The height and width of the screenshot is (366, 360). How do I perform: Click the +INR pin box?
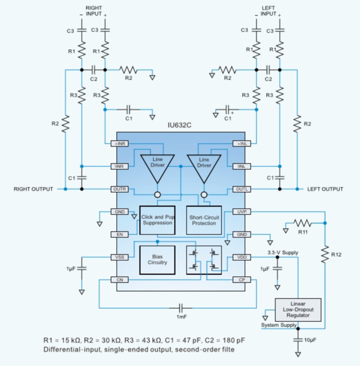pos(121,144)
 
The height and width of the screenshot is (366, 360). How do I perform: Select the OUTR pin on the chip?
pos(121,189)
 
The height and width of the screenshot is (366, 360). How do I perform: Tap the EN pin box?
pos(121,234)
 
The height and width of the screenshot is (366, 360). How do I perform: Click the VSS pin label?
pos(121,257)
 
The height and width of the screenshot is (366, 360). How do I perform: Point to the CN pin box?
pos(121,280)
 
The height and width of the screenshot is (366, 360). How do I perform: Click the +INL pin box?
pos(240,144)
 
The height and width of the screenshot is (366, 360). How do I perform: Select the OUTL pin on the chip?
pos(240,189)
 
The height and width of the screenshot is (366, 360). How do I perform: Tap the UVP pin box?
pos(240,212)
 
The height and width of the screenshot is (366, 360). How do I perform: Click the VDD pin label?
pos(240,257)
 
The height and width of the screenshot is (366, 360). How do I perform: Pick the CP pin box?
pos(240,280)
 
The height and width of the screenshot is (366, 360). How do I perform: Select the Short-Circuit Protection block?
pos(204,220)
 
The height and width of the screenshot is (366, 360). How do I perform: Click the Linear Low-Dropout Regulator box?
pos(298,309)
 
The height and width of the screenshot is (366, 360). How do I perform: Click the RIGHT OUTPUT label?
pos(33,189)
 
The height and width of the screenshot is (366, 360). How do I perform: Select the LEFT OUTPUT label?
pos(326,189)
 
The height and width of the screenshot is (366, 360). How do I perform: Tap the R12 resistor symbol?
pos(325,252)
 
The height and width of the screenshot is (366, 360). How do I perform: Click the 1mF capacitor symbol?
pos(181,305)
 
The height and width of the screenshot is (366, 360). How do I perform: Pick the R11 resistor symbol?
pos(302,223)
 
